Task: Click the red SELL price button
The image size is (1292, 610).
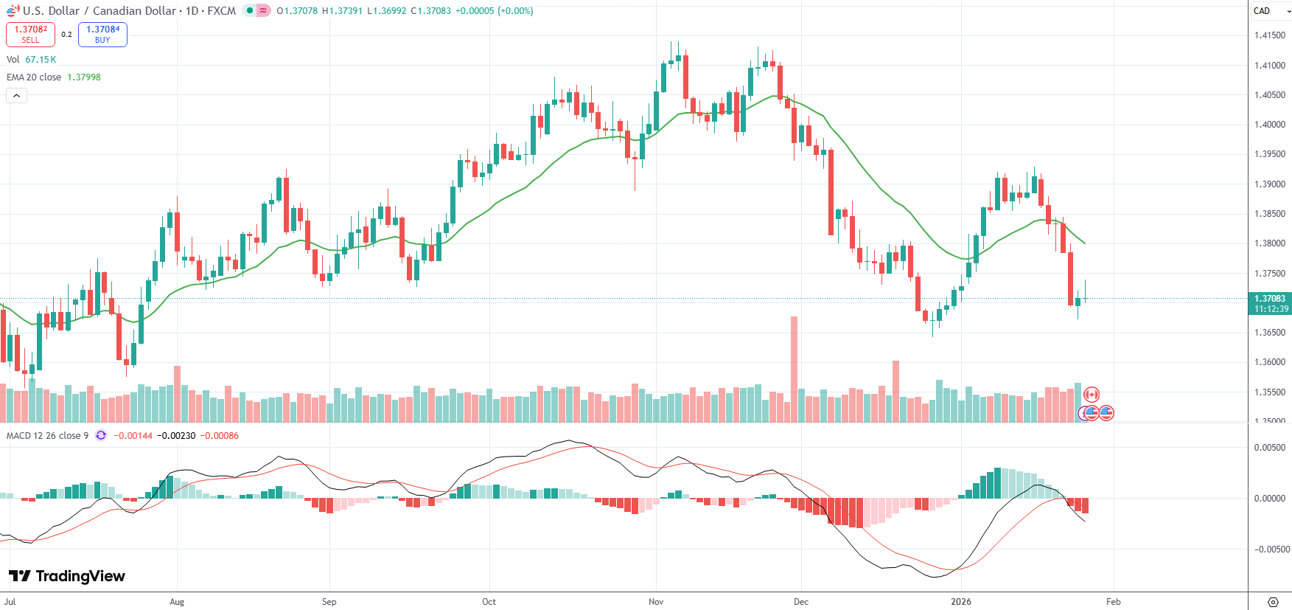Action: point(30,34)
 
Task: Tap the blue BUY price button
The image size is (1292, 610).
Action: point(102,34)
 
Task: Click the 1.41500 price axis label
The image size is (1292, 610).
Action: point(1269,35)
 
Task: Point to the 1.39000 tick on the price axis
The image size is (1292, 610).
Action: point(1269,184)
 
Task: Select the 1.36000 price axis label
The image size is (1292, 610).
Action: point(1269,362)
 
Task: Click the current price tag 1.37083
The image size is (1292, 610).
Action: point(1269,299)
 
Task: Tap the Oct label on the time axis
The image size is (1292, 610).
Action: point(489,602)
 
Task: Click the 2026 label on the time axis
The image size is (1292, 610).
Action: point(960,602)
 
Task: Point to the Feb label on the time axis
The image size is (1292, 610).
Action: point(1113,602)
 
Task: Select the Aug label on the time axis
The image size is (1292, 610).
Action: point(177,602)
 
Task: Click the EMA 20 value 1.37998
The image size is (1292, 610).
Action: point(84,77)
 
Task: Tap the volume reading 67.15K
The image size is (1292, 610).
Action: point(41,60)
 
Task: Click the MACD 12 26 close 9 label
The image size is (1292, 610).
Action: point(47,436)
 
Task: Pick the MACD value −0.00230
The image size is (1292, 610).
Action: point(176,436)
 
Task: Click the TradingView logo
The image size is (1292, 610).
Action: point(67,576)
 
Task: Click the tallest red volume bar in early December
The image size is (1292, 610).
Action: point(794,369)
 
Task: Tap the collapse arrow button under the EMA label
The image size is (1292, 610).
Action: point(16,95)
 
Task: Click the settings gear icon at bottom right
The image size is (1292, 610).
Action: point(1272,602)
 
